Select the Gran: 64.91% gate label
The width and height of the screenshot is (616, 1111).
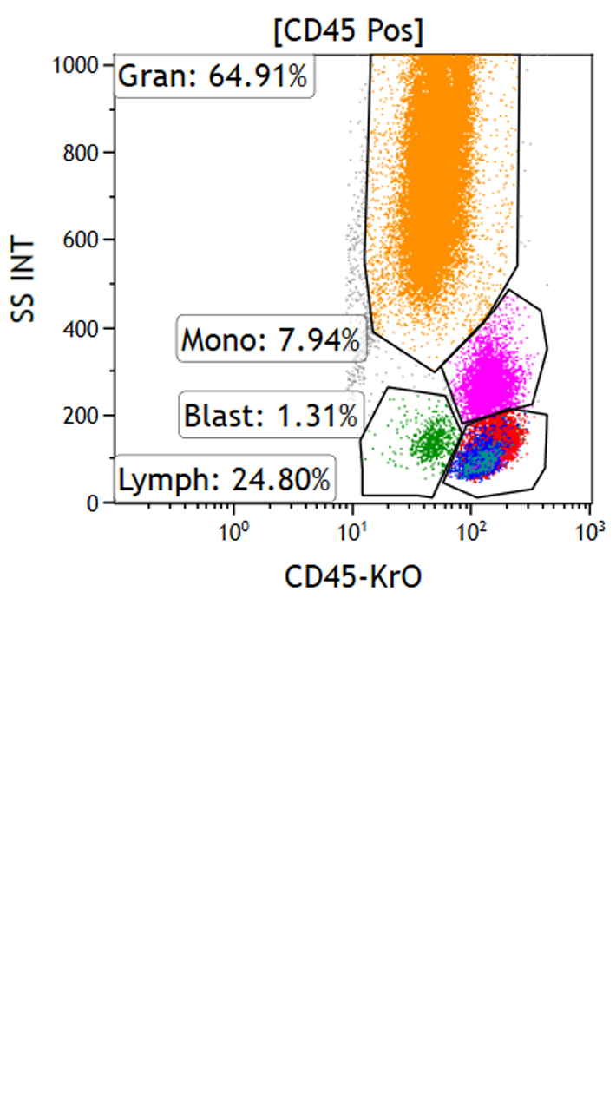(x=213, y=76)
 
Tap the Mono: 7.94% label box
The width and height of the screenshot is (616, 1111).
(x=270, y=339)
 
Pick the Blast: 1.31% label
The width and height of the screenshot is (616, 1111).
(x=271, y=416)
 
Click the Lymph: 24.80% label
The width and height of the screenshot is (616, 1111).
(x=224, y=478)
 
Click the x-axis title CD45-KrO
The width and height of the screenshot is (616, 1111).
(x=353, y=575)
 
